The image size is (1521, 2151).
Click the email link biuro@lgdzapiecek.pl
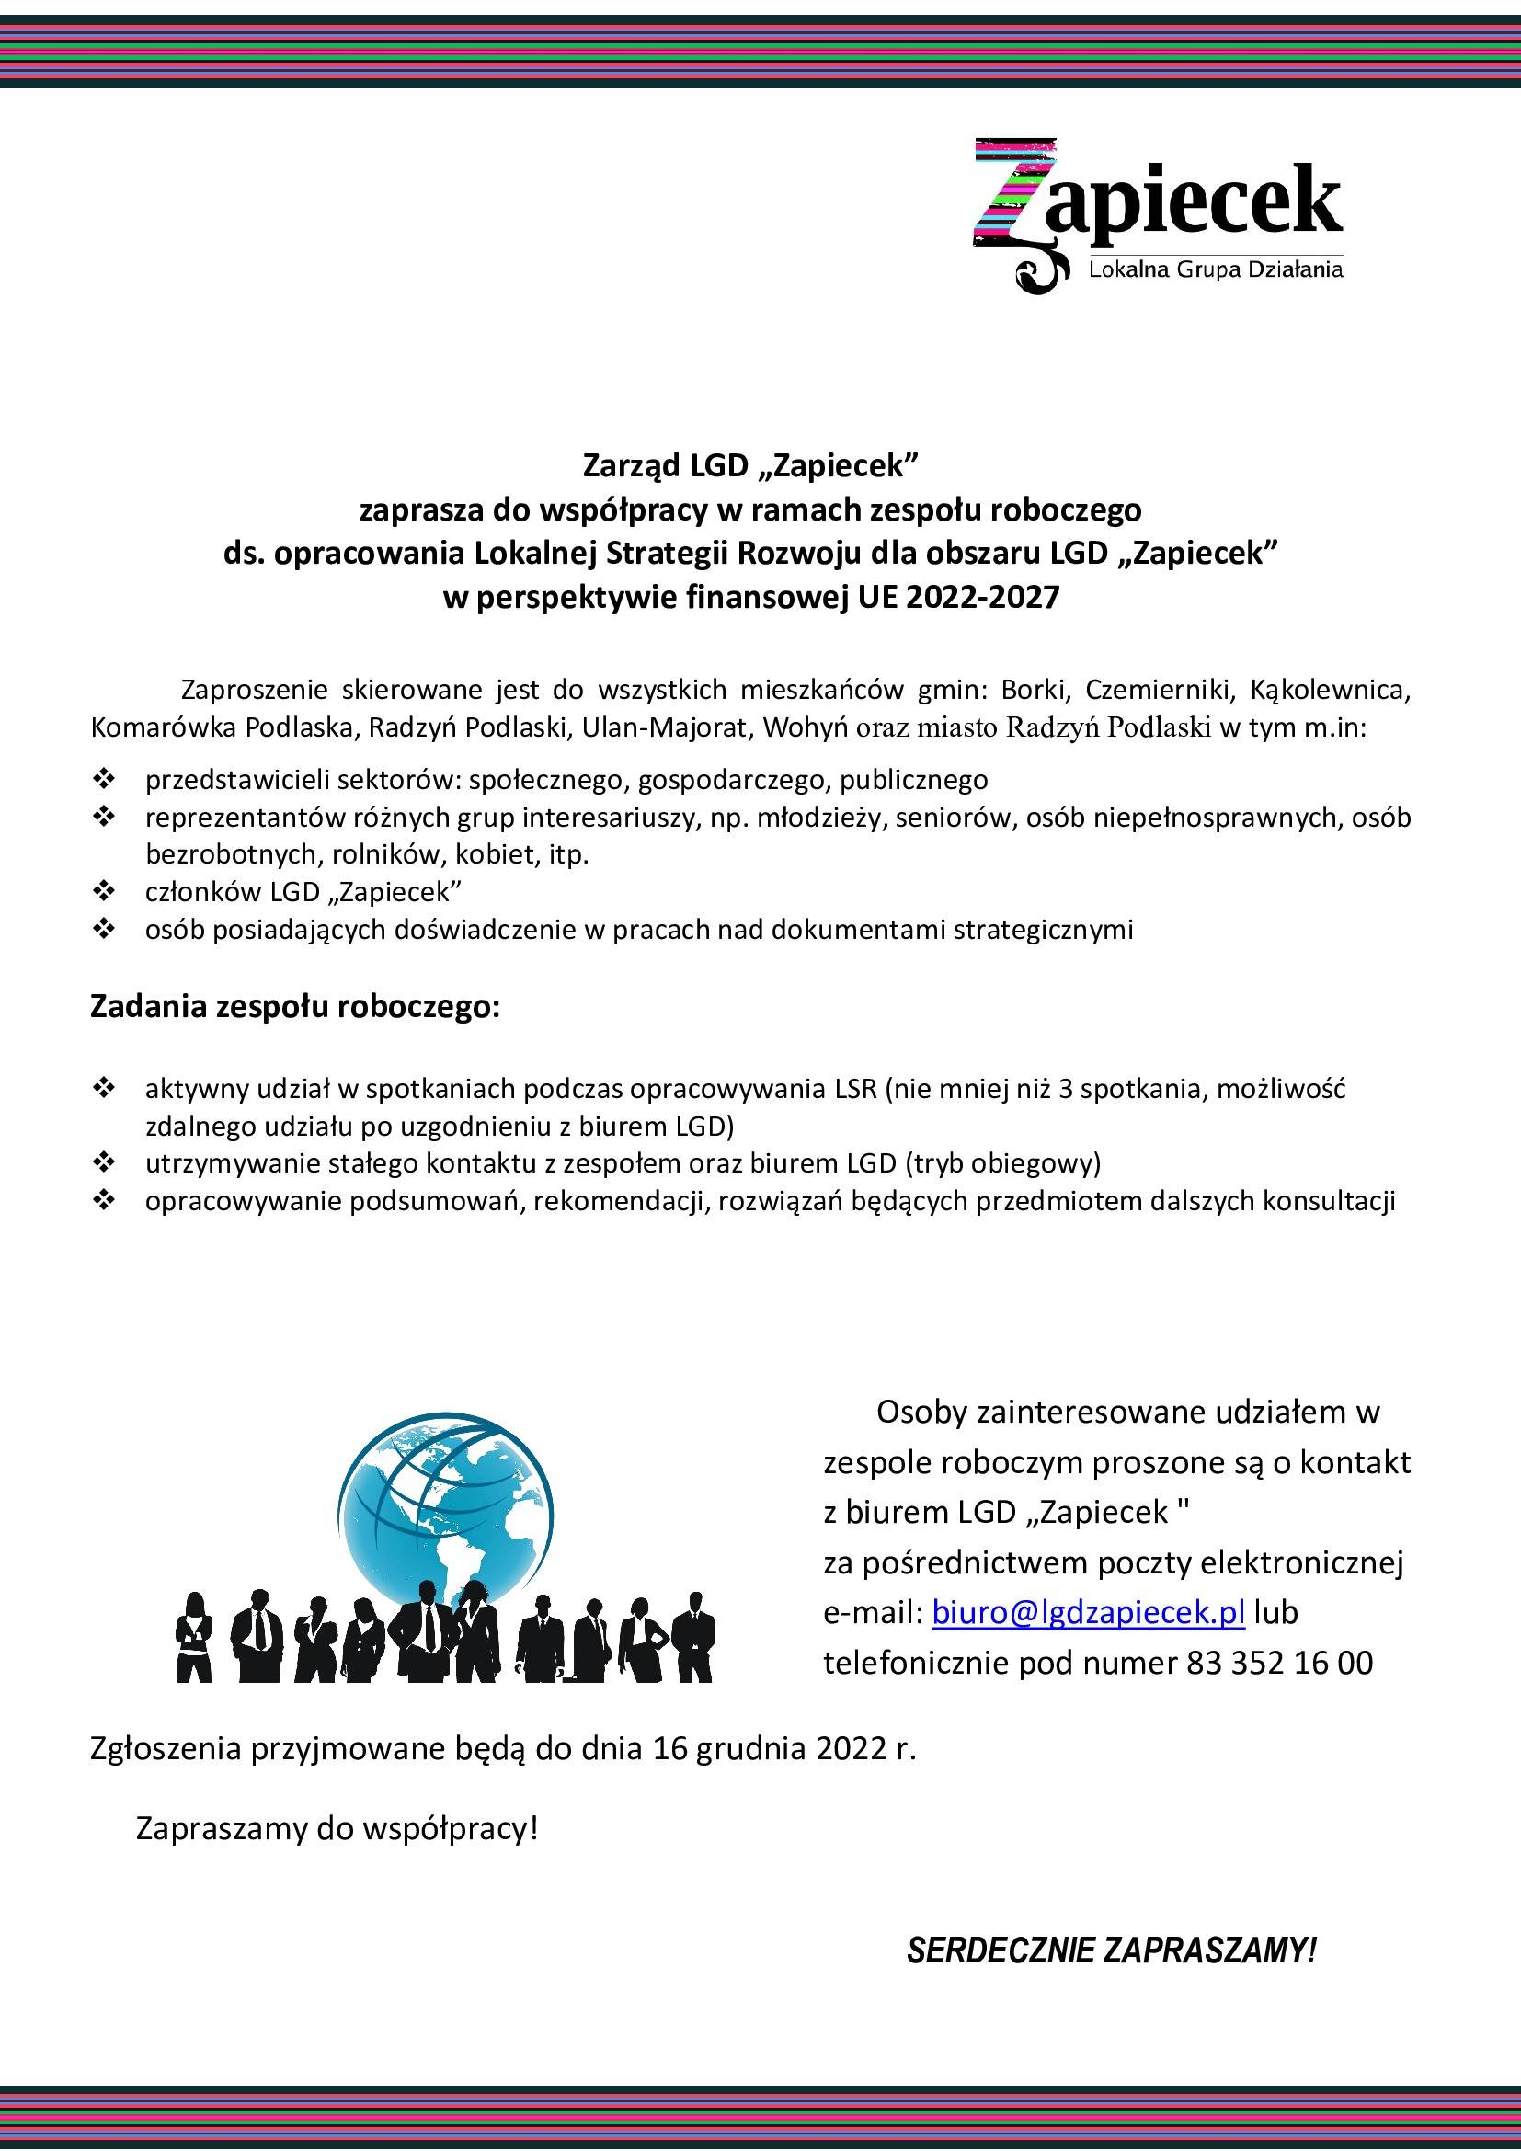tap(1088, 1612)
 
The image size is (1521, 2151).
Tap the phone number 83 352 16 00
tap(1279, 1663)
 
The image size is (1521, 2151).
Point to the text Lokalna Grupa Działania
tap(1215, 269)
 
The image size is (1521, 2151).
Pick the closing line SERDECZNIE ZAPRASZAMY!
tap(1112, 1951)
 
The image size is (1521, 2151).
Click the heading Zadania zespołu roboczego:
tap(295, 1006)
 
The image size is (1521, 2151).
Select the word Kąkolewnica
tap(1330, 690)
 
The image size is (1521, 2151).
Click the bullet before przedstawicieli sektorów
tap(103, 779)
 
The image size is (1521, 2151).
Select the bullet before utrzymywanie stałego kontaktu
tap(103, 1162)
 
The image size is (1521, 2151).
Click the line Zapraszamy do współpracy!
tap(337, 1828)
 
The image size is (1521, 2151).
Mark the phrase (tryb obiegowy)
tap(1002, 1162)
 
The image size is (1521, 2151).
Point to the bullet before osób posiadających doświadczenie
tap(103, 929)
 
